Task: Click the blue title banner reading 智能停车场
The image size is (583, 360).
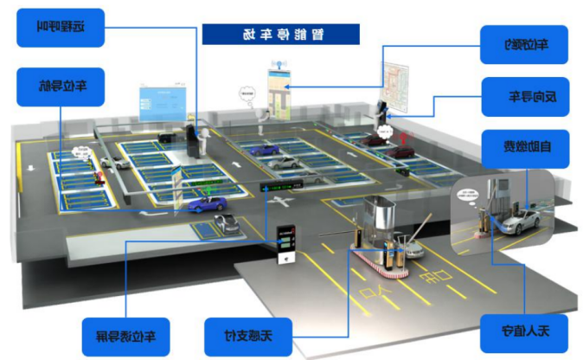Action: coord(279,34)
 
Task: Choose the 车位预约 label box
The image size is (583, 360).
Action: coord(524,43)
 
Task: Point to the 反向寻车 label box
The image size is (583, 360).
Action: coord(524,95)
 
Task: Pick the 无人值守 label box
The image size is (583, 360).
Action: coord(522,331)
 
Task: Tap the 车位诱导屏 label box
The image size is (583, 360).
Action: coord(126,333)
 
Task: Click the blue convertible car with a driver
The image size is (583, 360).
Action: coord(208,204)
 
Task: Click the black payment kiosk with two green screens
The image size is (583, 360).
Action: coord(285,246)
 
